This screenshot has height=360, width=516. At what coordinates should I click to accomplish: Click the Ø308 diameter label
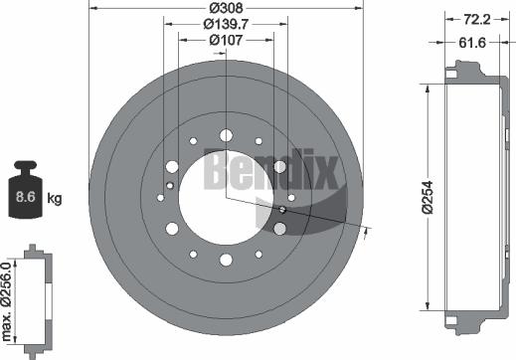[229, 9]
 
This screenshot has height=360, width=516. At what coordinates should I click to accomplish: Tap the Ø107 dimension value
[229, 40]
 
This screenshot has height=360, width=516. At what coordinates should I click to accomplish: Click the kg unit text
[55, 199]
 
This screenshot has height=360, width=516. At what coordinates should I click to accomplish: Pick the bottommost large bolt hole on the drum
[226, 260]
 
